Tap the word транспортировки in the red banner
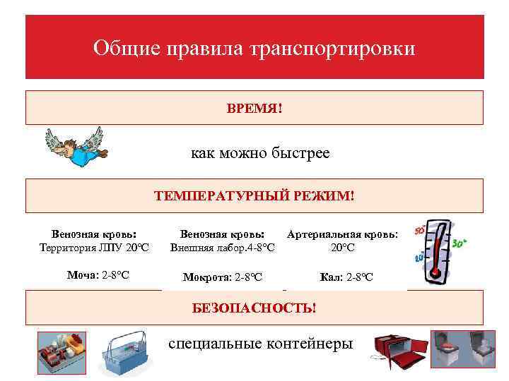coord(333,49)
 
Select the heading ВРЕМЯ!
coord(255,109)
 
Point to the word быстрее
coord(302,153)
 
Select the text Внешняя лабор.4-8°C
coord(223,248)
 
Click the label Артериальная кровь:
coord(343,234)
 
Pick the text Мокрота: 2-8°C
coord(223,277)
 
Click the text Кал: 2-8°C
coord(346,277)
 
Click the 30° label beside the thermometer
coord(460,243)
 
